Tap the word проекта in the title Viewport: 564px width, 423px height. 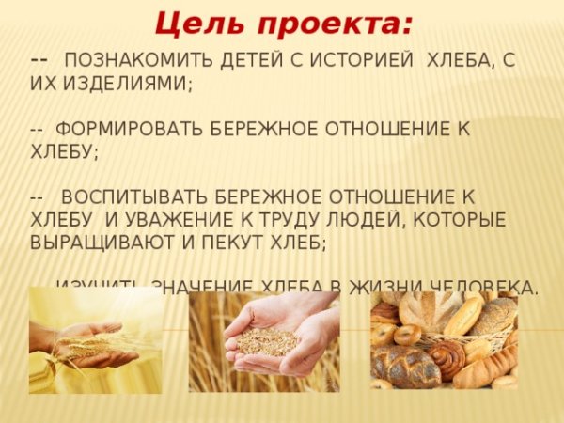click(324, 22)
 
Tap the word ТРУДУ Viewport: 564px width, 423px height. click(290, 220)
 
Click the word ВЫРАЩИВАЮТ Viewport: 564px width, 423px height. click(102, 243)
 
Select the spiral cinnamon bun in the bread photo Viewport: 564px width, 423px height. click(448, 357)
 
